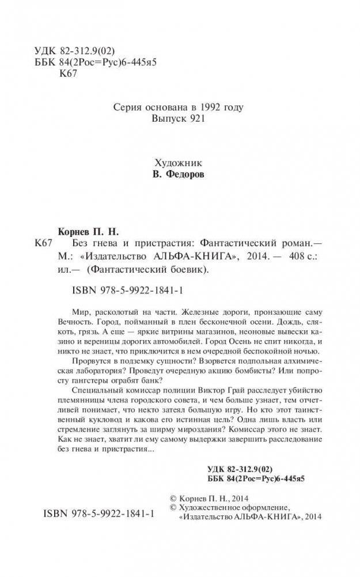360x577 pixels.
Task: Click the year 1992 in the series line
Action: point(210,107)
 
